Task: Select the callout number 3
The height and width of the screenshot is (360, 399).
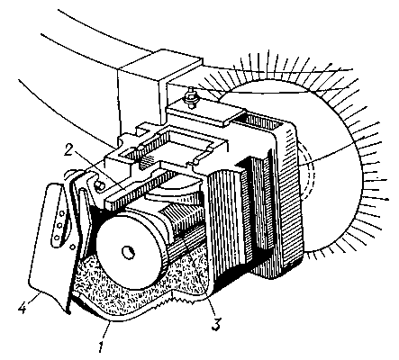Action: [x=216, y=323]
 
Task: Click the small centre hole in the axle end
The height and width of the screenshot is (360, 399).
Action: [x=128, y=251]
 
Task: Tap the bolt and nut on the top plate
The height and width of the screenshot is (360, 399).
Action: [x=191, y=96]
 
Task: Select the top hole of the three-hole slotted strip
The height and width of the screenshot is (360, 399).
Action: [x=62, y=213]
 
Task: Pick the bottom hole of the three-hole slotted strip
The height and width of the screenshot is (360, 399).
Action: [x=57, y=238]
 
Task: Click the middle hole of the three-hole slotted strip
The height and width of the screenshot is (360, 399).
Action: [x=59, y=225]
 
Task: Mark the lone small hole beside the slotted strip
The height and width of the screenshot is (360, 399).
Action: [x=72, y=247]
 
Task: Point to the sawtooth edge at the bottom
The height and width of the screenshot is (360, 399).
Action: [x=177, y=301]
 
